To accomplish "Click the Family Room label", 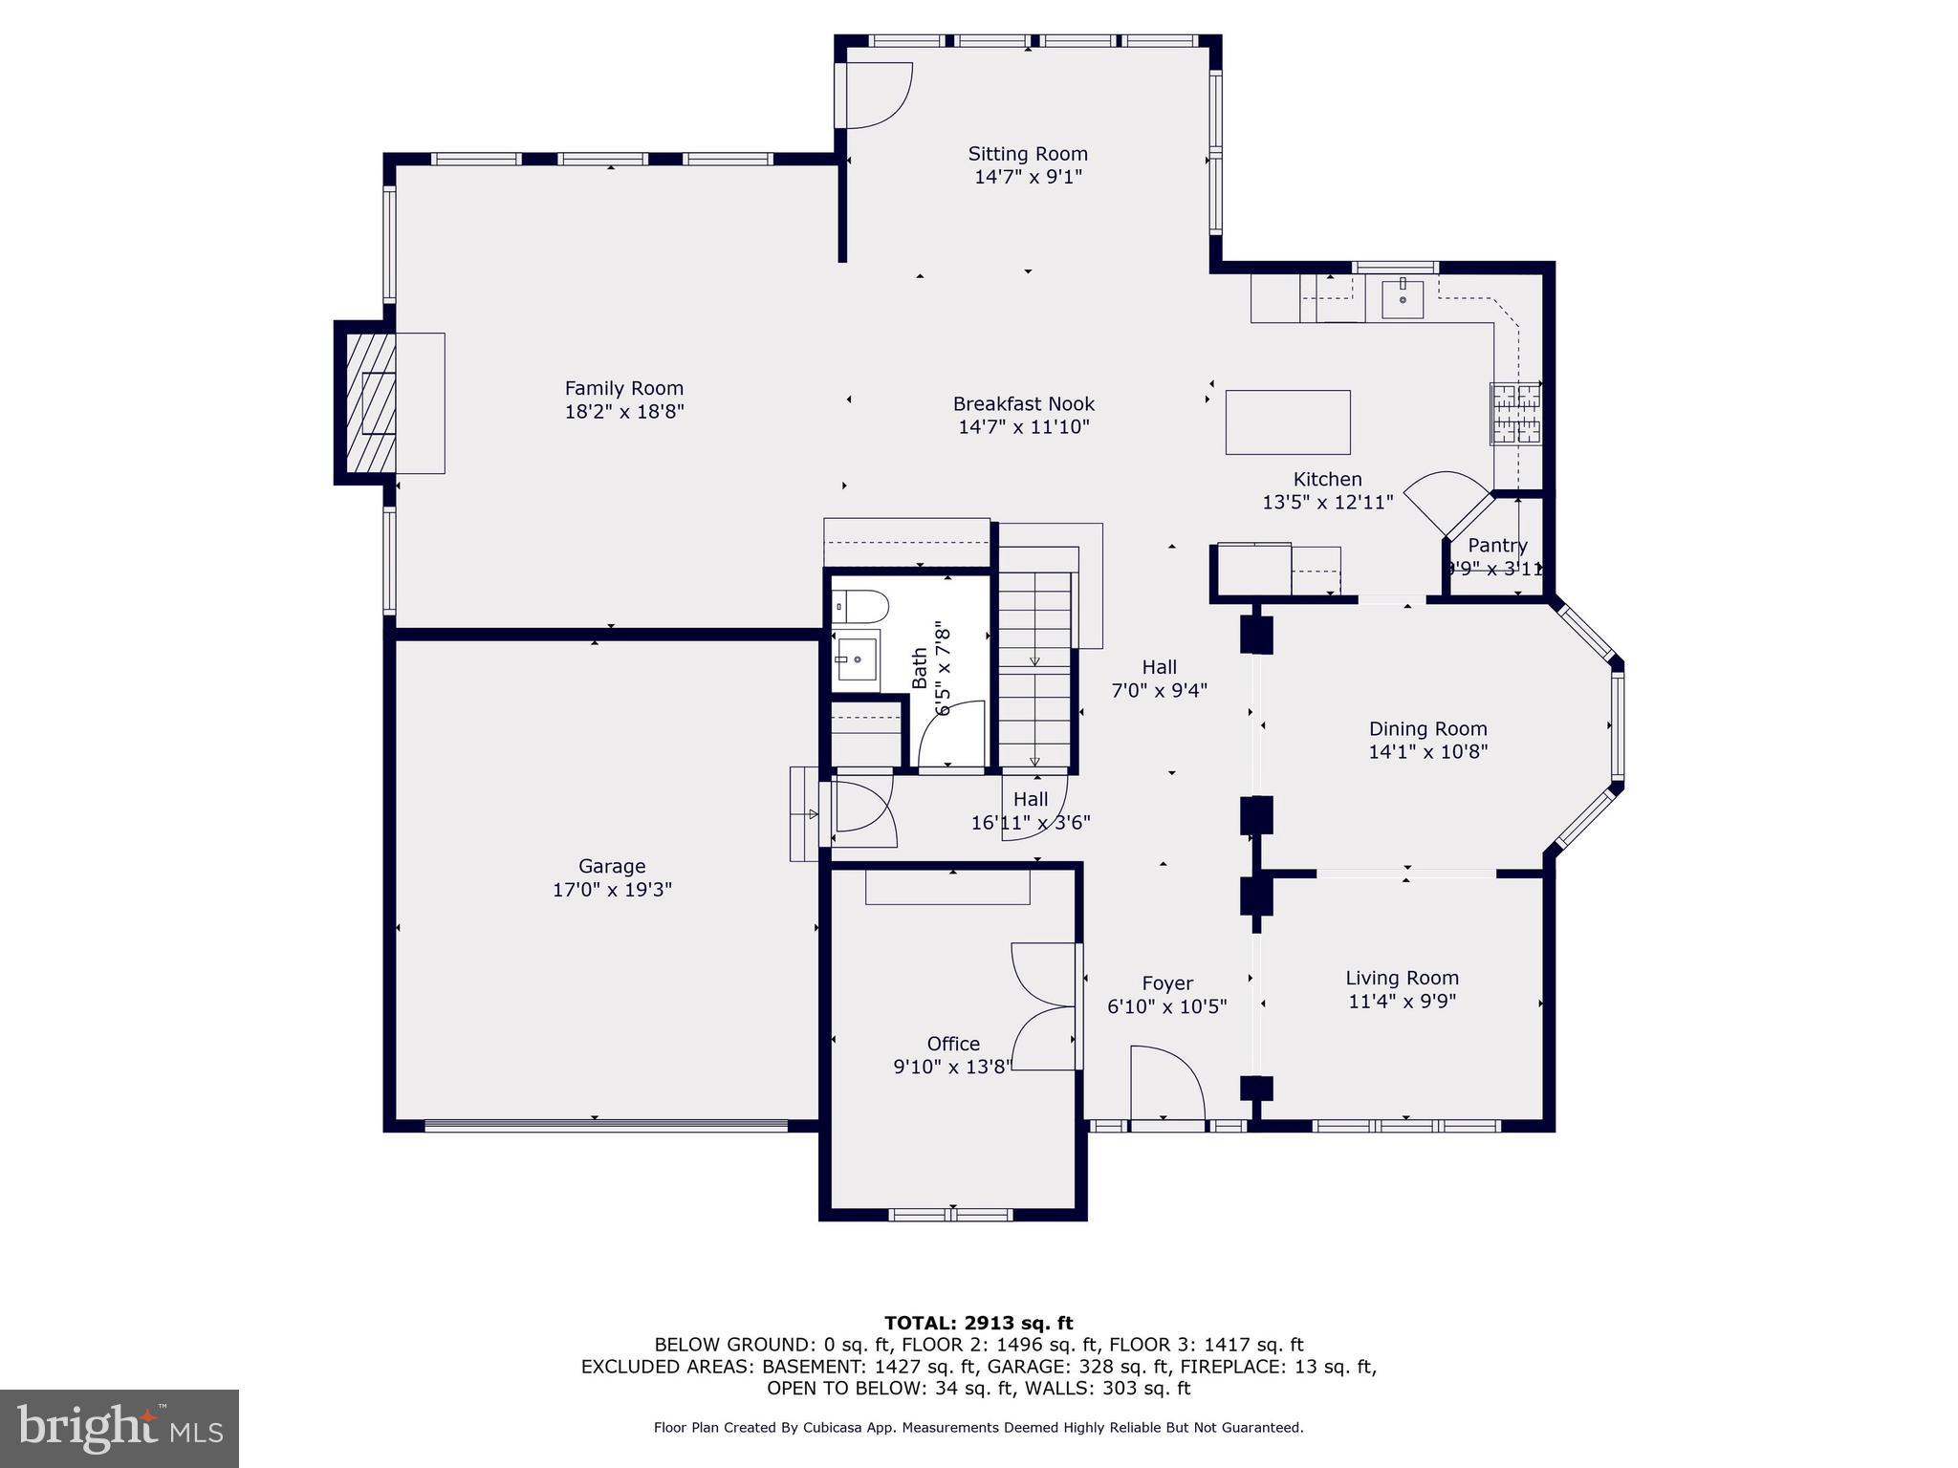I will tap(623, 389).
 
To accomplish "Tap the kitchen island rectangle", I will tap(1288, 421).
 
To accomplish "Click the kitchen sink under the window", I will tap(1402, 299).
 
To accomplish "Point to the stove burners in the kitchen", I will tap(1515, 413).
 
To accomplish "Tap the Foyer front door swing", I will tap(1166, 1085).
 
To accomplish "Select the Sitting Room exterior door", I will tap(875, 96).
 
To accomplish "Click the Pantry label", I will tap(1497, 546).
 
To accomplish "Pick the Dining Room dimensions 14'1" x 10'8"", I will tap(1427, 752).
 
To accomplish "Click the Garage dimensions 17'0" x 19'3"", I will tap(612, 890).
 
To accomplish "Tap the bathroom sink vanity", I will tap(858, 658).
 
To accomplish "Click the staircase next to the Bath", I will tap(1034, 669).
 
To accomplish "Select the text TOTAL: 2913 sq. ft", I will tap(978, 1323).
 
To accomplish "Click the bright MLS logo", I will tap(120, 1428).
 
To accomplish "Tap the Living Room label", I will tap(1402, 978).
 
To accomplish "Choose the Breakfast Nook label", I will tap(1023, 404).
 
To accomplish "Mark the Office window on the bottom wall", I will tap(950, 1215).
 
